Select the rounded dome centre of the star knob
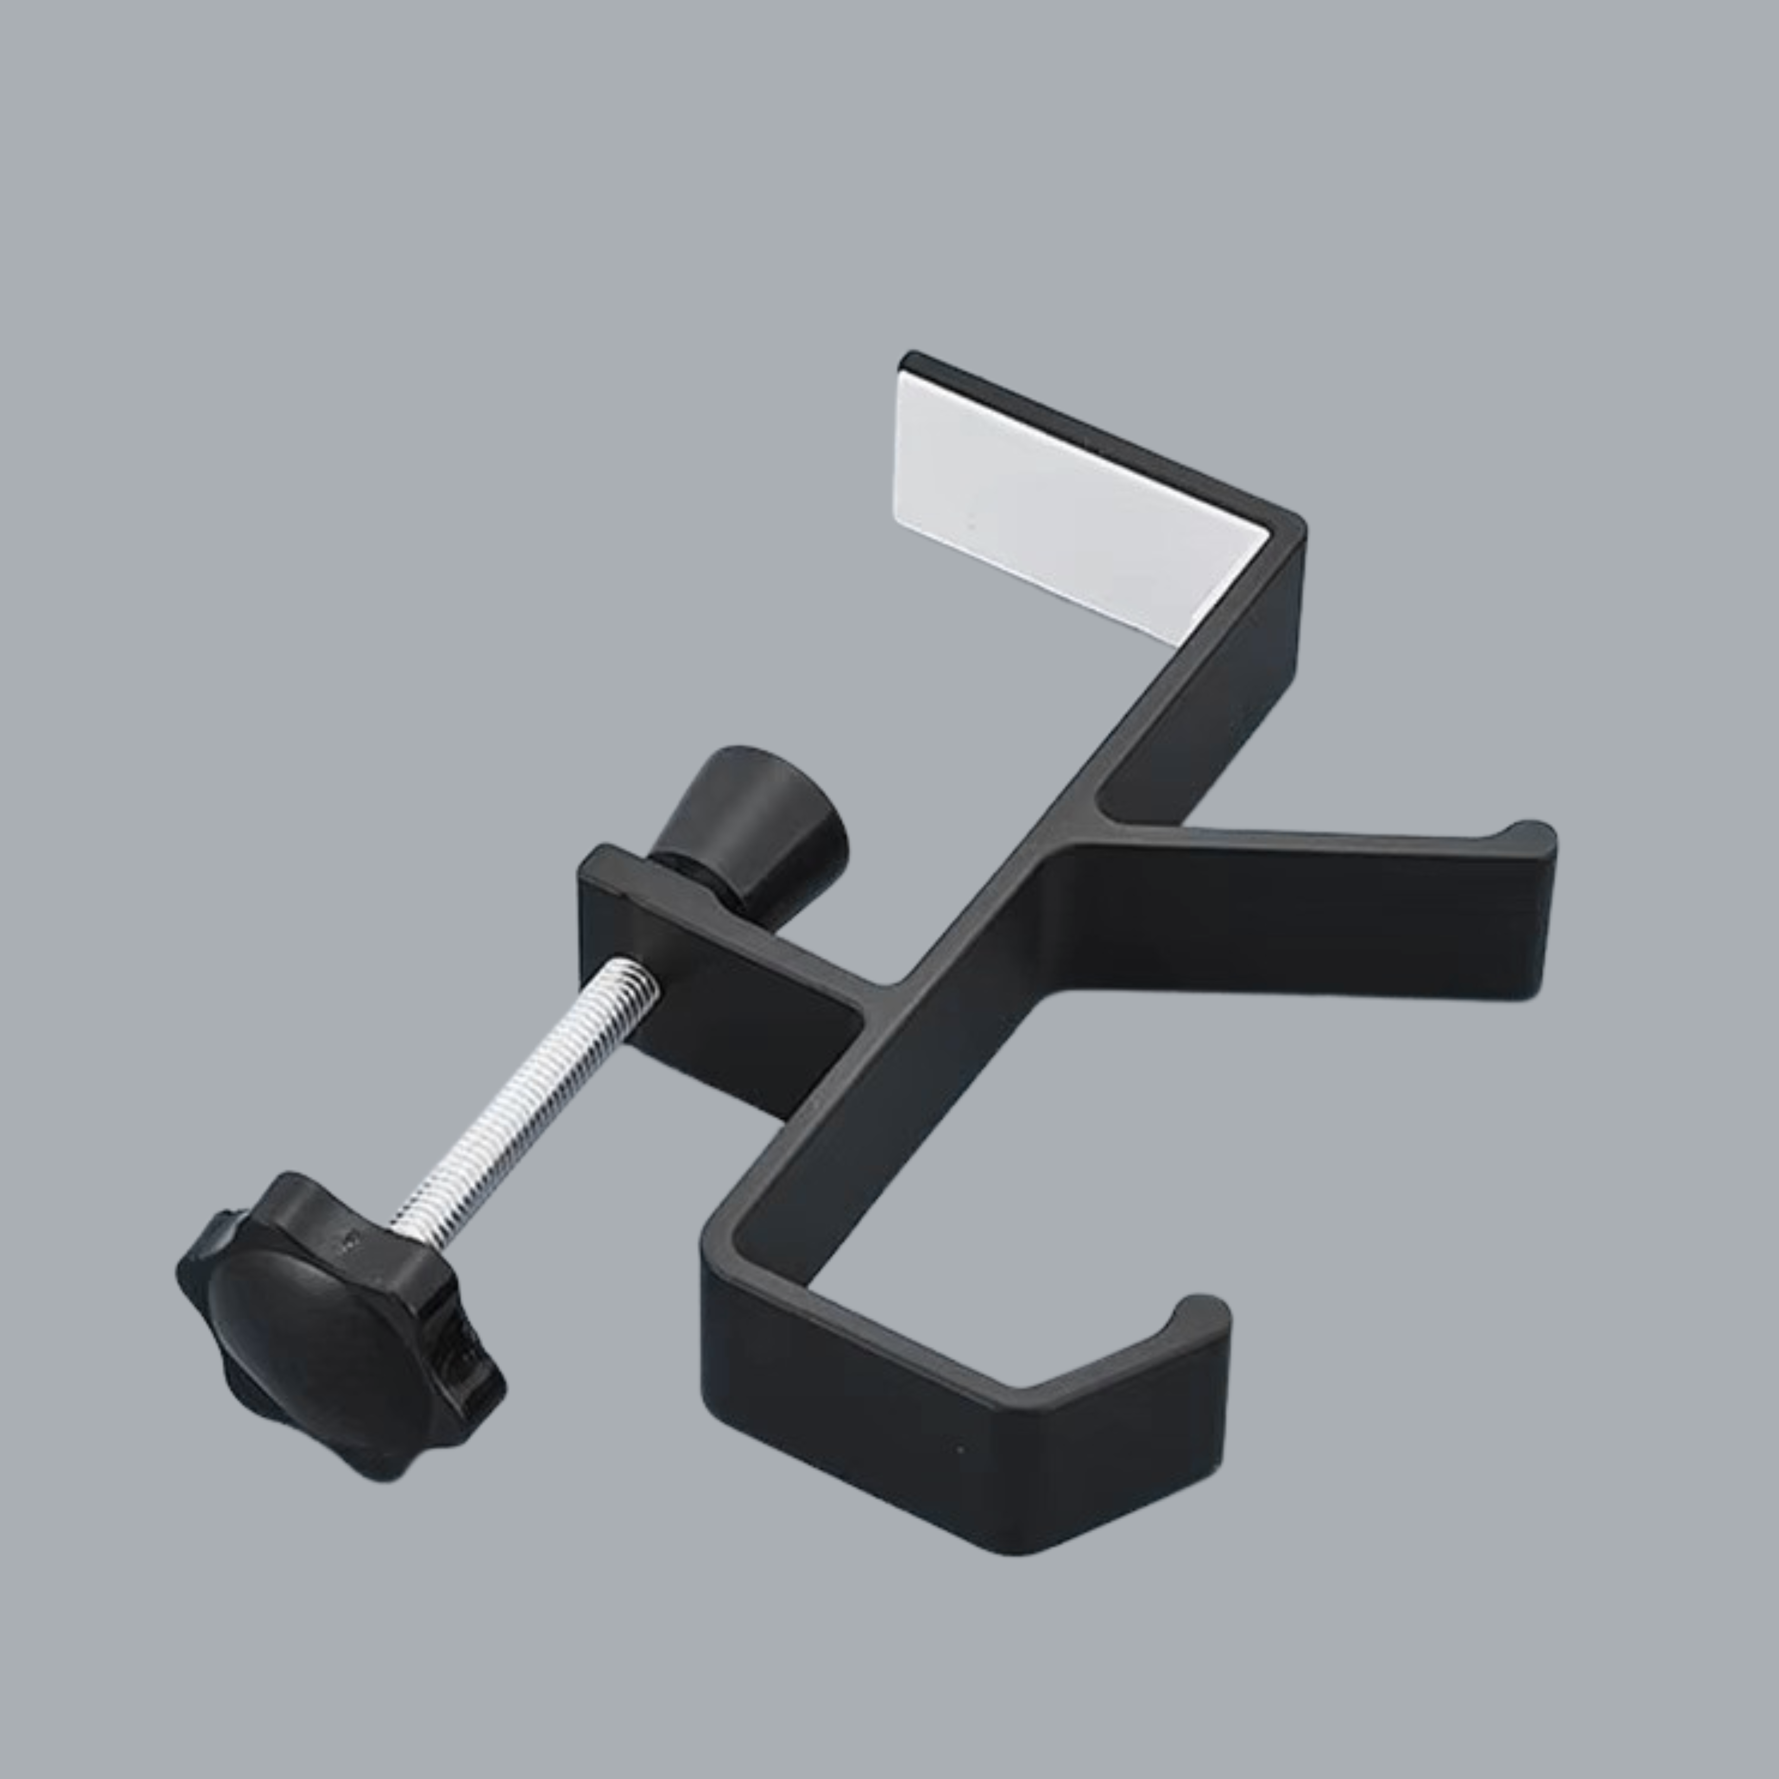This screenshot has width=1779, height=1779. (304, 1326)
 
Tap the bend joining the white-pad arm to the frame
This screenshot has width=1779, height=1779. (1285, 534)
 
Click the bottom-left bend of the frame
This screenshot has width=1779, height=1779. (723, 1234)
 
